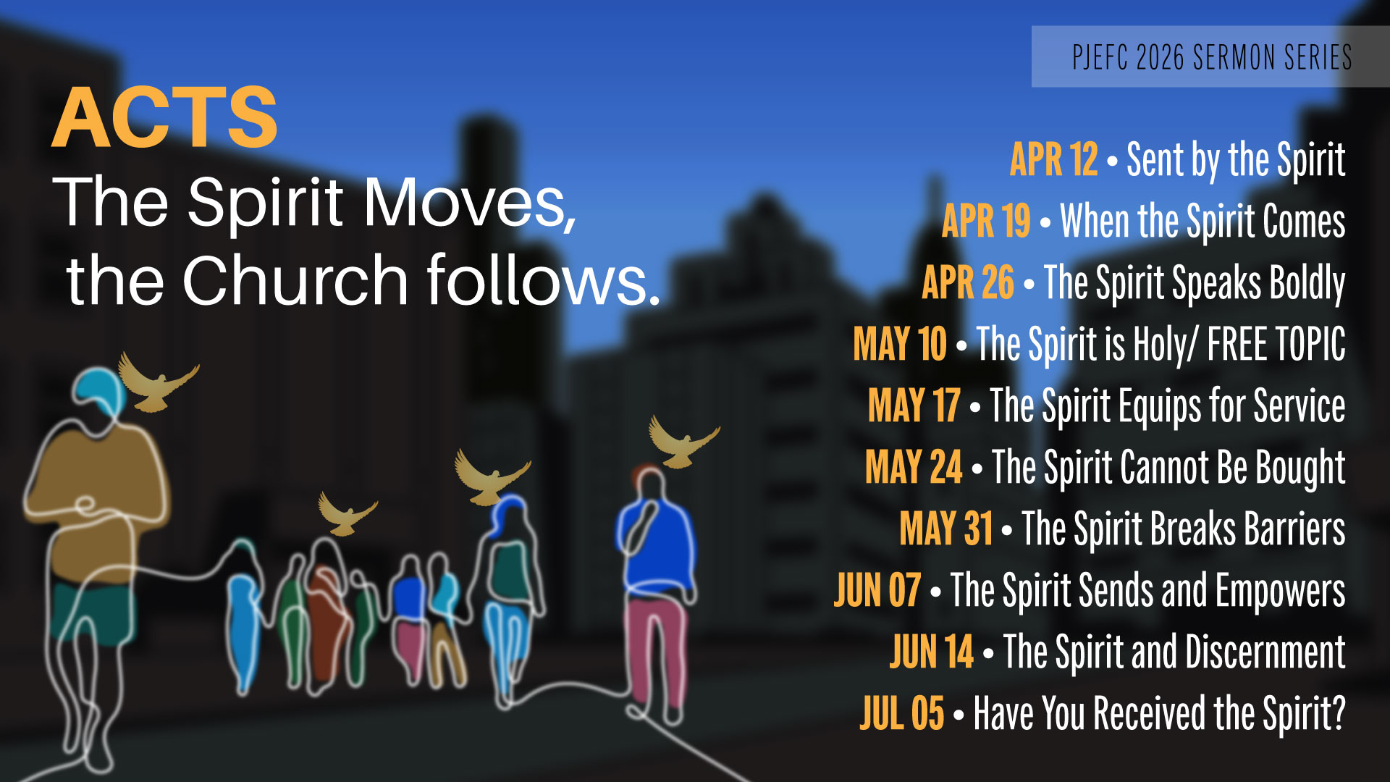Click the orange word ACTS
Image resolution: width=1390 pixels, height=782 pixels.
click(x=165, y=117)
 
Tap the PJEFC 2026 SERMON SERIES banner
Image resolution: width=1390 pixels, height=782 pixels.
click(x=1210, y=56)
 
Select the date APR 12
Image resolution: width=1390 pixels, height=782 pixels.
click(x=1054, y=159)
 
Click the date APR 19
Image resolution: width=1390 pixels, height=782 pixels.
click(x=986, y=221)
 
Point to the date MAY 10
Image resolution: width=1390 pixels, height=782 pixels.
click(x=900, y=344)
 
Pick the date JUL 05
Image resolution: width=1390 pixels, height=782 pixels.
click(x=902, y=713)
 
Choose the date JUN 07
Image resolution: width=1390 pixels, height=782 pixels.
click(x=877, y=590)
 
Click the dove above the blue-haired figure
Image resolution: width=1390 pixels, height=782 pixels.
click(x=159, y=382)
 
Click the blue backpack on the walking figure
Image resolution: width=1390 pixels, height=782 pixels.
click(x=656, y=542)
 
